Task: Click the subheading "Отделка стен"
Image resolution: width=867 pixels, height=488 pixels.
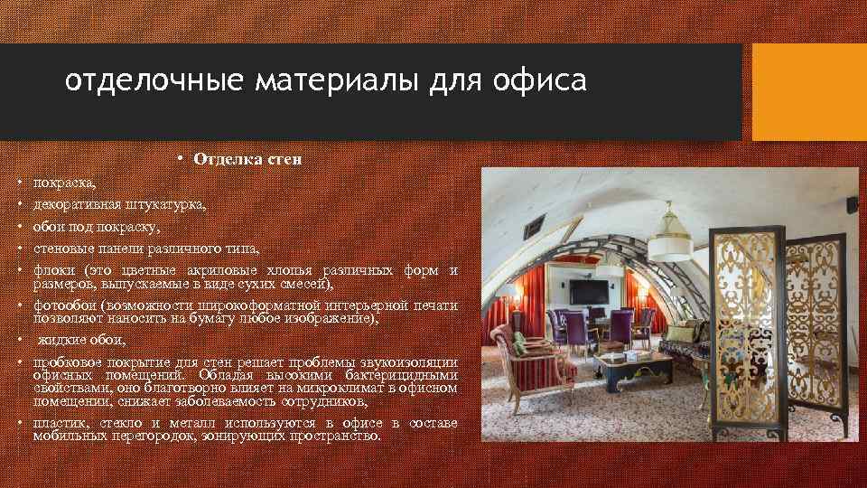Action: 247,159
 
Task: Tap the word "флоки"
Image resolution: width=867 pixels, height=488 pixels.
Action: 52,270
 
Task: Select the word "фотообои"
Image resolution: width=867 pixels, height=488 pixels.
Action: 65,305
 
